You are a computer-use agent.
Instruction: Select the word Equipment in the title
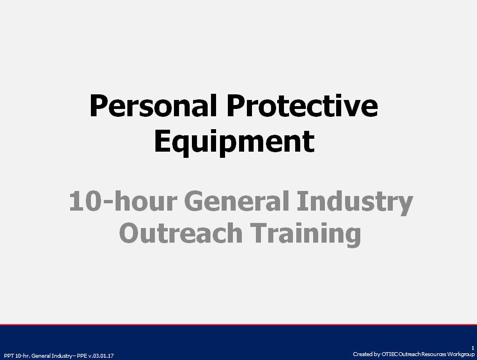coord(233,142)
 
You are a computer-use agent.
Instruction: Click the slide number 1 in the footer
coord(473,348)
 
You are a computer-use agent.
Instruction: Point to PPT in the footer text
coord(8,356)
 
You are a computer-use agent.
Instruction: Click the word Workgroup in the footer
coord(461,354)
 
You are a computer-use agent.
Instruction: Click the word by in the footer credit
coord(376,354)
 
